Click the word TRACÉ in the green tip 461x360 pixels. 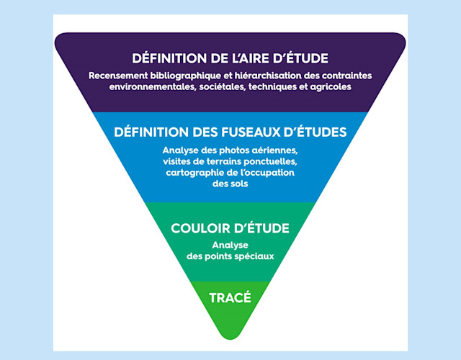pos(230,296)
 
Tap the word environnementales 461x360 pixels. pos(150,87)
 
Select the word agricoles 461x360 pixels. pos(330,87)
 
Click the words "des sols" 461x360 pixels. pos(230,184)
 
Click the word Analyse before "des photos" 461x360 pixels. pos(179,150)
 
